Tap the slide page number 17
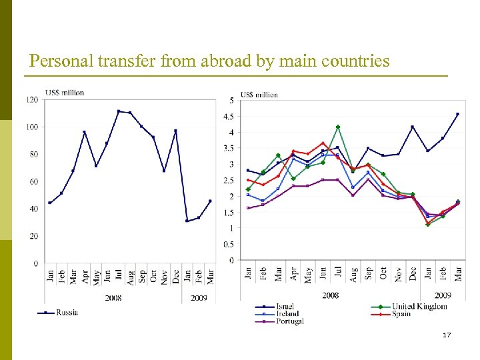447,335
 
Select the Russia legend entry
67,312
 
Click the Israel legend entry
285,306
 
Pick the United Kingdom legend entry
419,306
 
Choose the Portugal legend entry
289,321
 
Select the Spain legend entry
401,313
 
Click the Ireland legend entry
287,313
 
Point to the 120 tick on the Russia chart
32,100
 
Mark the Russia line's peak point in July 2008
119,111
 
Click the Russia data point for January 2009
187,221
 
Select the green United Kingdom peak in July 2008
338,127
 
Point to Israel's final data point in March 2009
457,114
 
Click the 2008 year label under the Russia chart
113,298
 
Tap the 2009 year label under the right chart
443,295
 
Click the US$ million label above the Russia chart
65,93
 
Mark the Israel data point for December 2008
413,127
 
